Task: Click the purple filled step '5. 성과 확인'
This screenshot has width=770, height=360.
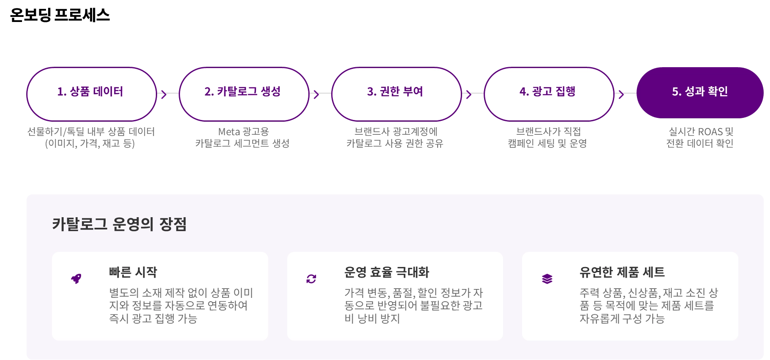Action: pyautogui.click(x=699, y=92)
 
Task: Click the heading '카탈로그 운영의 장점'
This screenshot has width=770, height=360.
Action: pyautogui.click(x=119, y=224)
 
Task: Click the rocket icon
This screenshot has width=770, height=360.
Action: pyautogui.click(x=76, y=279)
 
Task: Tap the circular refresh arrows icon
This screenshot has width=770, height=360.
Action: pyautogui.click(x=311, y=279)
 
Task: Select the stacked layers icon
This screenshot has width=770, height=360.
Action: pyautogui.click(x=547, y=279)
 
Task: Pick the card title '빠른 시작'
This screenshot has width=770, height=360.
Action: pyautogui.click(x=133, y=272)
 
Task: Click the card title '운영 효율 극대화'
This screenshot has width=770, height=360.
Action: pyautogui.click(x=386, y=272)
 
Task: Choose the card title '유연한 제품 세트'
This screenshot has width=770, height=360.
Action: pyautogui.click(x=622, y=272)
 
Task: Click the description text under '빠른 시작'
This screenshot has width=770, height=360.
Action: pyautogui.click(x=181, y=305)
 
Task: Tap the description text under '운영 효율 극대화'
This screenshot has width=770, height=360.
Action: pyautogui.click(x=413, y=305)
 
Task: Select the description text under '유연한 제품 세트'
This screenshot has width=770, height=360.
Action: pyautogui.click(x=648, y=305)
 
